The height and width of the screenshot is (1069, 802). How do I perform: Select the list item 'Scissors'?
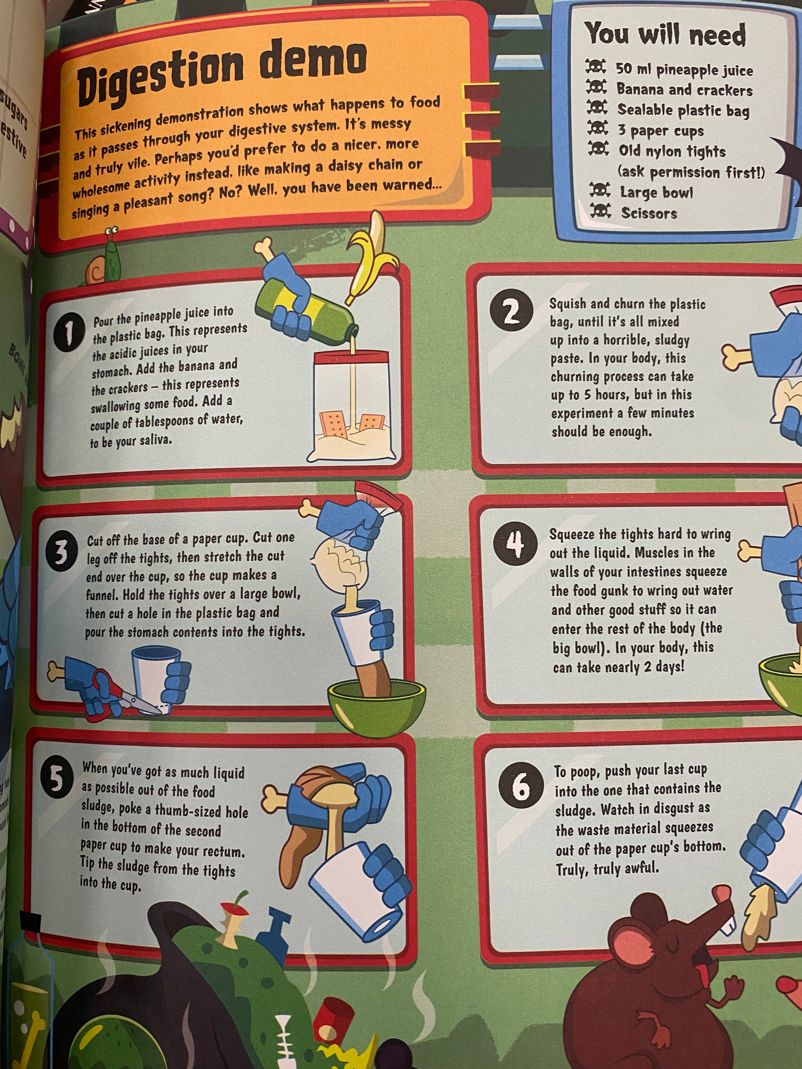[x=649, y=213]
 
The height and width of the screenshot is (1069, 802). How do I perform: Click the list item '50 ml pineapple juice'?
[x=684, y=70]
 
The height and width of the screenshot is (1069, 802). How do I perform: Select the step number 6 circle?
[x=521, y=787]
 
